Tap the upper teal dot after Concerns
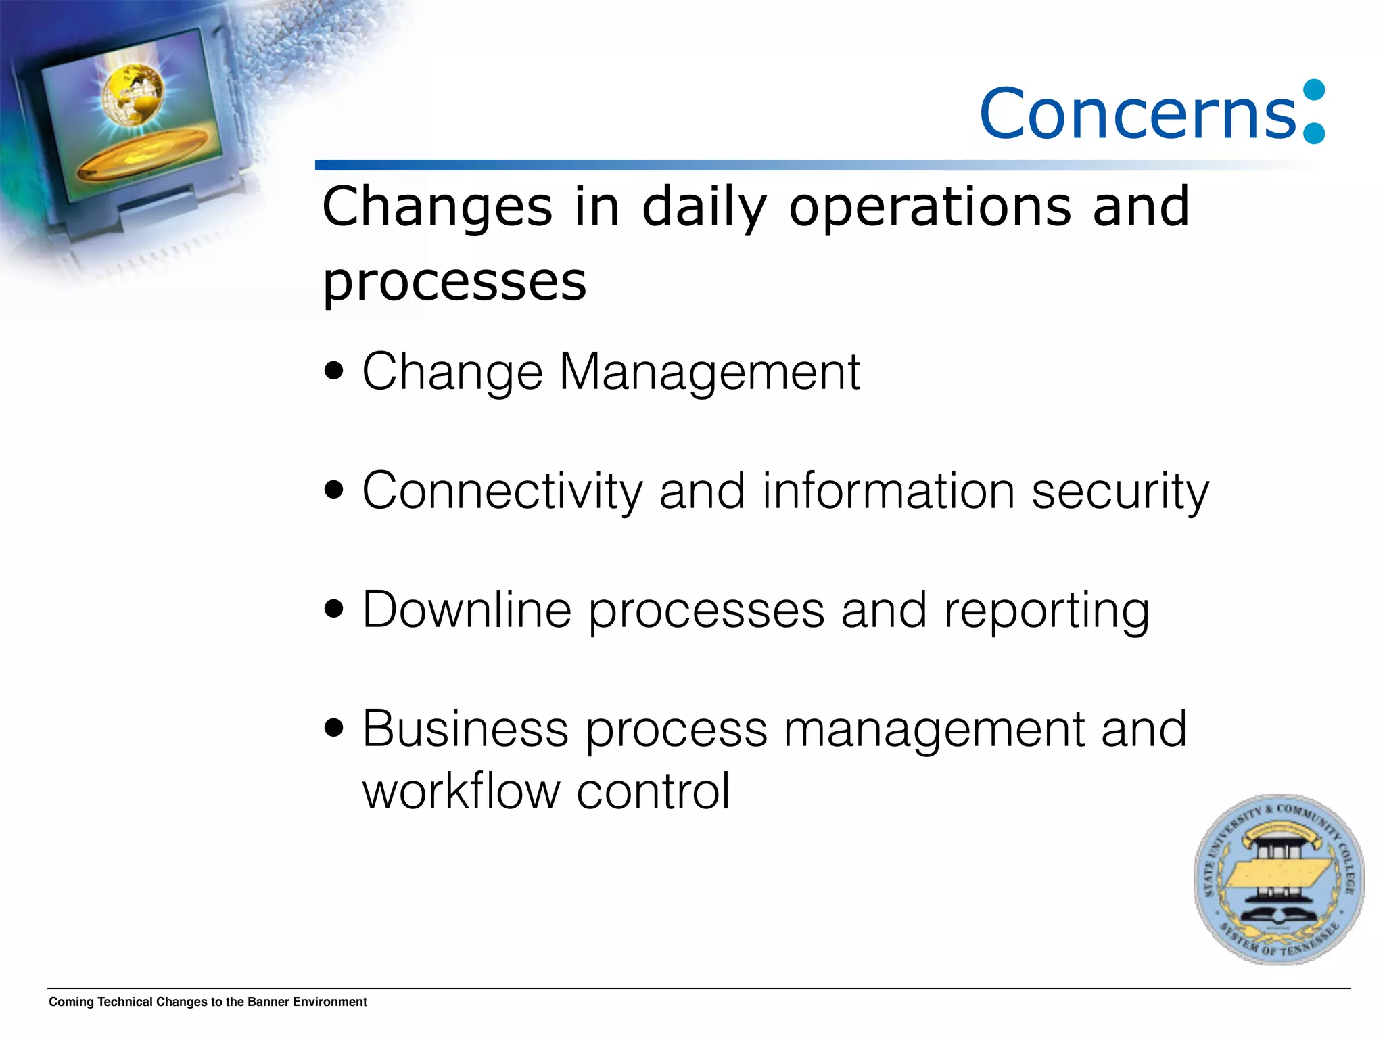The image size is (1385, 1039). pos(1314,91)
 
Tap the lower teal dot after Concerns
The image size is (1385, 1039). pos(1314,133)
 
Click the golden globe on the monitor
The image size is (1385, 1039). pos(133,94)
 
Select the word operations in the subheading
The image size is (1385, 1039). pos(930,209)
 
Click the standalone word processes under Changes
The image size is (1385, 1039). pos(454,283)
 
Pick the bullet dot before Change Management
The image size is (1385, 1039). pos(334,371)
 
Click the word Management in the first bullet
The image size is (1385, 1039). pos(709,372)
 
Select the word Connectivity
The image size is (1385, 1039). pos(502,491)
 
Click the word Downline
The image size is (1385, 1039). pos(467,610)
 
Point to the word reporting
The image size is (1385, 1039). pos(1046,611)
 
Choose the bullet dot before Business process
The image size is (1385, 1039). pos(334,729)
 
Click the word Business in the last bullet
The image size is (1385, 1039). pos(465,729)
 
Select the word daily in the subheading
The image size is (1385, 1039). pos(704,209)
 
